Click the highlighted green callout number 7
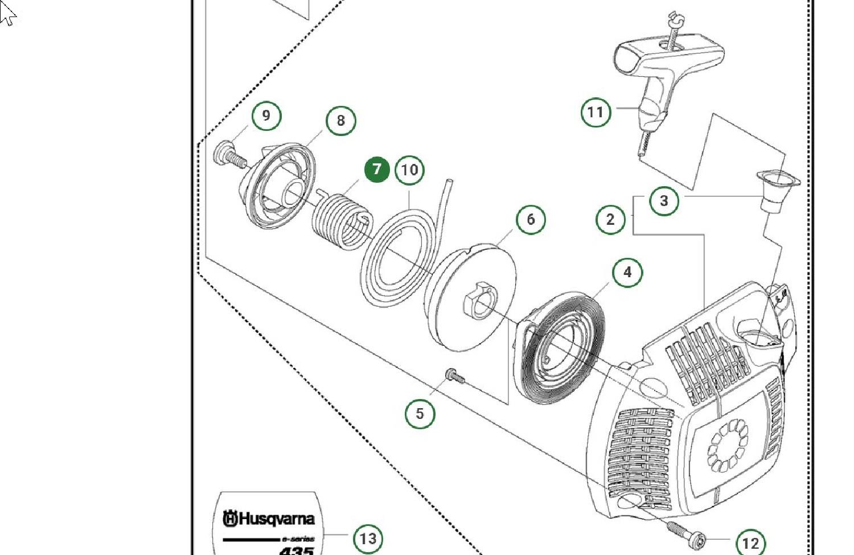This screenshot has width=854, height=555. pos(377,170)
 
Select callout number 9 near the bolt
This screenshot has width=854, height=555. pos(266,116)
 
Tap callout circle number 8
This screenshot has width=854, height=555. pos(340,121)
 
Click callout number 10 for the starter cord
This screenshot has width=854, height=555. pos(409,170)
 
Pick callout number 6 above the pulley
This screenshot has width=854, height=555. pos(531,219)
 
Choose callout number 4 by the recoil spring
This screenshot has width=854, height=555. pos(627,272)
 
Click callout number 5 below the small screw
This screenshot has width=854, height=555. pos(420,414)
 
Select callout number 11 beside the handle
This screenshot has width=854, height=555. pos(596,112)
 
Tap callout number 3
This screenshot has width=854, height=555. pos(664,201)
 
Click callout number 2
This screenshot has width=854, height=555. pos(610,220)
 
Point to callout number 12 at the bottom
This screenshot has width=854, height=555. pos(750,542)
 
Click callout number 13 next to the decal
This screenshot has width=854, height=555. pos(368,538)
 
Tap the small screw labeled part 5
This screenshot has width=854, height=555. pos(454,375)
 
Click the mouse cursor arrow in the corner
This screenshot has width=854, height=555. pos(7,14)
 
